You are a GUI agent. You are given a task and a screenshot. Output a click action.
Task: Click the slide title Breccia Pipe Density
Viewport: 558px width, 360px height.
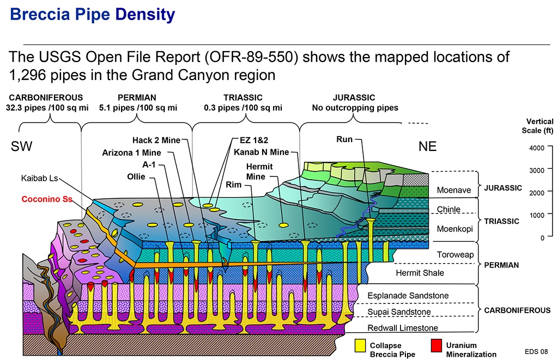[x=93, y=15]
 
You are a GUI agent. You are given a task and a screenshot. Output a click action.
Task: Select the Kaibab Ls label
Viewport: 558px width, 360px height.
[x=39, y=178]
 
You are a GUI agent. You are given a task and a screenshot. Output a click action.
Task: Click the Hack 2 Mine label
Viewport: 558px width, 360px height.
[x=156, y=140]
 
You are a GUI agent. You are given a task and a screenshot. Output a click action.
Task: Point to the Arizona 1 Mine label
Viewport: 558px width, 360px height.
[x=131, y=152]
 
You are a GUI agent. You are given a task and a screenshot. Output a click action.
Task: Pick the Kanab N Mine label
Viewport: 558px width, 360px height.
[x=261, y=152]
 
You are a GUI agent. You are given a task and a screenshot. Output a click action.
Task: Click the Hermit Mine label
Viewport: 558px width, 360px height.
[x=259, y=172]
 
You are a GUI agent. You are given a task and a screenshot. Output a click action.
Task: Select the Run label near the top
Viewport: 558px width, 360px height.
[x=344, y=139]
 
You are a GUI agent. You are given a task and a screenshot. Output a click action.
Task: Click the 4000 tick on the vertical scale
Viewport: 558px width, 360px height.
[x=537, y=148]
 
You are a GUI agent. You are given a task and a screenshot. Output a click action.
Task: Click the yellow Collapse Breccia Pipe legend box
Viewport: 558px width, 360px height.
[x=360, y=345]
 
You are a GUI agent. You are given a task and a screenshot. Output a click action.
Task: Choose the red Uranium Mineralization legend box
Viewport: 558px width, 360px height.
[x=435, y=345]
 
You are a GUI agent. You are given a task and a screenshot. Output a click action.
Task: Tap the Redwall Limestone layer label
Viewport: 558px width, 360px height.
[x=402, y=328]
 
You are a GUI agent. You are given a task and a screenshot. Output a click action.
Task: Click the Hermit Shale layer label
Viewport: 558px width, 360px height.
[x=419, y=273]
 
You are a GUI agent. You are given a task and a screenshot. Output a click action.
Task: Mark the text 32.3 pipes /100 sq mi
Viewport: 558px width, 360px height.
[x=46, y=108]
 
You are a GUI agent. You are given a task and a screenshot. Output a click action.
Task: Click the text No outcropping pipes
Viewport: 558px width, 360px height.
[x=355, y=108]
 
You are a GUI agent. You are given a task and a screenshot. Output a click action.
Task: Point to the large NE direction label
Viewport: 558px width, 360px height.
[x=427, y=147]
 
